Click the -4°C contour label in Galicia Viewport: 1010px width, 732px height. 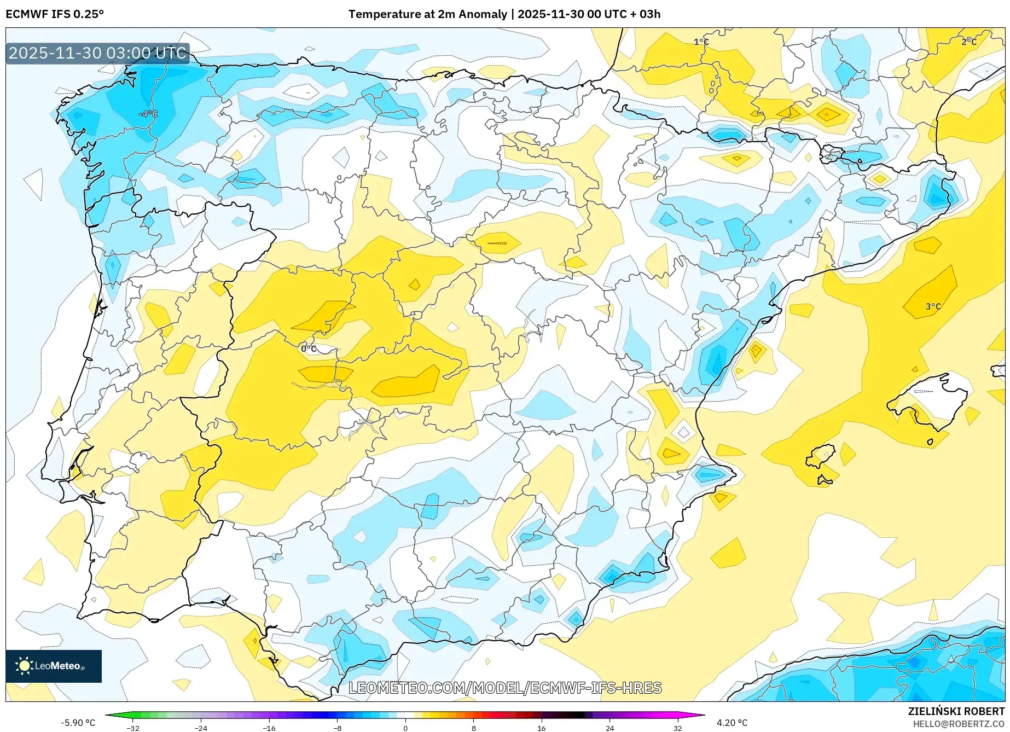pos(148,114)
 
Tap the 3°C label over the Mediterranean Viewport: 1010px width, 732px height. pos(933,306)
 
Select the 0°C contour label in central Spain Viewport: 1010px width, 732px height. pos(309,348)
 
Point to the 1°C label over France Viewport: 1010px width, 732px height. pos(701,42)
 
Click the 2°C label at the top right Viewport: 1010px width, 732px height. pos(968,42)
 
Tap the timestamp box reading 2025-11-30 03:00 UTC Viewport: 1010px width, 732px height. pos(97,53)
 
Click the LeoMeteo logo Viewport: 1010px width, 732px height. pos(54,666)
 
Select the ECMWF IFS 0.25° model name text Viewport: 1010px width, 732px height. pos(54,14)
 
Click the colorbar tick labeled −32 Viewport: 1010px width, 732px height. pos(133,728)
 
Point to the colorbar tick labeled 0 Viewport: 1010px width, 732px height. pos(405,728)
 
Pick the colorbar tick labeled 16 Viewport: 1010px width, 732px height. pos(541,728)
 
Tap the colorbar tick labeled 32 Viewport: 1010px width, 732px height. pos(677,728)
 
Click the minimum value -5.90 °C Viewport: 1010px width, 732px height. pos(78,723)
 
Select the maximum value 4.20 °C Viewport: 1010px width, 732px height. pos(732,723)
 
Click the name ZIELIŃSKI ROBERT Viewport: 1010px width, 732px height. pos(956,711)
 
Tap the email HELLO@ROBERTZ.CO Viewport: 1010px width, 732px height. pos(958,724)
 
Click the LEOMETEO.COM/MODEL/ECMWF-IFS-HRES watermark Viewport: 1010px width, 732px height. pos(505,688)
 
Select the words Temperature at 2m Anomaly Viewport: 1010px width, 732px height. pos(427,14)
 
